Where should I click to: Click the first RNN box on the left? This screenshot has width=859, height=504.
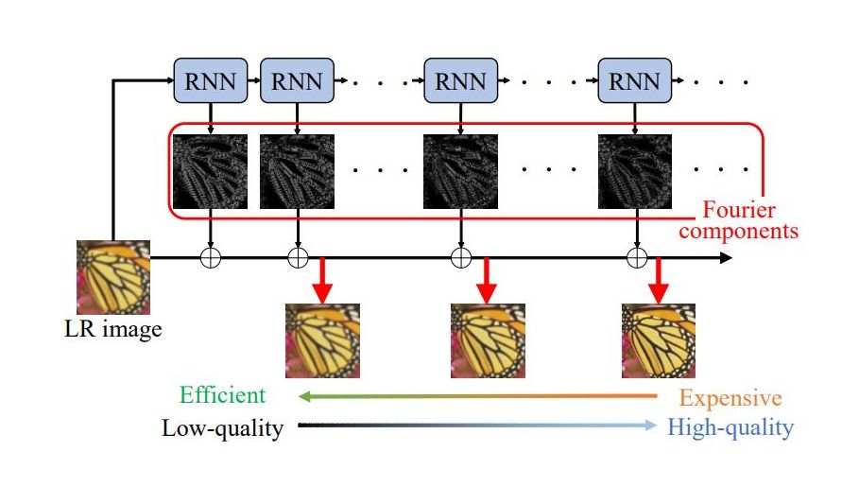pyautogui.click(x=211, y=79)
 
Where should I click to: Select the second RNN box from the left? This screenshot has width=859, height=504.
pyautogui.click(x=297, y=79)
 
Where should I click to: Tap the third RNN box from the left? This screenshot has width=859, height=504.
pyautogui.click(x=460, y=79)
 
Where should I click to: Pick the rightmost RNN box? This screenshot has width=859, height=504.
pyautogui.click(x=635, y=79)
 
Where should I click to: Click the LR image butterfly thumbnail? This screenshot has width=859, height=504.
pyautogui.click(x=113, y=278)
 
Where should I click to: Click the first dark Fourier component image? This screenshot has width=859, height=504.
pyautogui.click(x=211, y=171)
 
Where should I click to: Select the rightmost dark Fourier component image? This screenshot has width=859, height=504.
pyautogui.click(x=635, y=171)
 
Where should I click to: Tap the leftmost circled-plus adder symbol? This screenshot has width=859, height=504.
pyautogui.click(x=211, y=256)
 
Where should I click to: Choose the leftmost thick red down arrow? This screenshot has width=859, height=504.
pyautogui.click(x=322, y=281)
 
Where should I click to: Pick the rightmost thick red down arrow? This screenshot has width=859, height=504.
pyautogui.click(x=660, y=281)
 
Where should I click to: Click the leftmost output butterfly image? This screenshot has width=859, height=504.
pyautogui.click(x=322, y=340)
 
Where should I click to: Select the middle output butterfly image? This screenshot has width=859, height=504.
pyautogui.click(x=487, y=340)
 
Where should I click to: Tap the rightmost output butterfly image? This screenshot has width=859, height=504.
pyautogui.click(x=659, y=340)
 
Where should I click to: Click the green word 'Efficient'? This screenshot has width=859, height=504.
pyautogui.click(x=223, y=395)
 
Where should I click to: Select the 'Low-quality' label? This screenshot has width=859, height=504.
pyautogui.click(x=223, y=428)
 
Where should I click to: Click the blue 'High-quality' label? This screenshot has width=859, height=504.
pyautogui.click(x=730, y=428)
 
